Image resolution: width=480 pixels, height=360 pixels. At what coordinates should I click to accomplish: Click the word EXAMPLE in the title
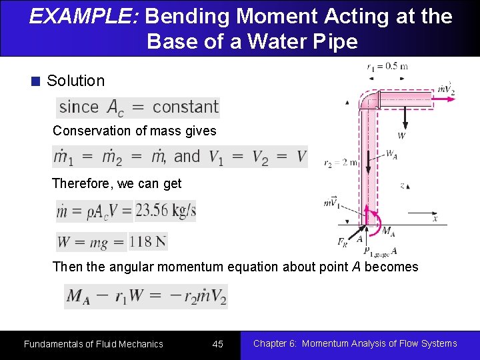click(x=83, y=16)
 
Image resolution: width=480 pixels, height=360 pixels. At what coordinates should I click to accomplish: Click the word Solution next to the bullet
click(x=75, y=81)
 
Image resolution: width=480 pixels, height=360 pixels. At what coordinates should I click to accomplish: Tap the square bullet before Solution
click(x=36, y=81)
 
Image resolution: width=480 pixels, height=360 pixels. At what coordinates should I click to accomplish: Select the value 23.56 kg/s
click(x=165, y=211)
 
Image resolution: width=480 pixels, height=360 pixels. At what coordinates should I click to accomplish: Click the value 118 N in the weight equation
click(x=148, y=241)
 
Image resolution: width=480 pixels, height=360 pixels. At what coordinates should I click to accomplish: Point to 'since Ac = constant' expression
click(x=138, y=107)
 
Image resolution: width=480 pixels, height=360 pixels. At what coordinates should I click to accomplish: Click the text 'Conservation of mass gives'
click(x=135, y=131)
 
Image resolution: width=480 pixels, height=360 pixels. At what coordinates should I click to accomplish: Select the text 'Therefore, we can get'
click(x=117, y=183)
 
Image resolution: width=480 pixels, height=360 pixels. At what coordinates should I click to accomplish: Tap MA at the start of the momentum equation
click(x=77, y=297)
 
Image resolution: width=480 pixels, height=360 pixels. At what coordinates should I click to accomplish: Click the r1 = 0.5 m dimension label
click(x=387, y=66)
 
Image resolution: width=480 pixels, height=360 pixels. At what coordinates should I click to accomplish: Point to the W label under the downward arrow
click(x=401, y=136)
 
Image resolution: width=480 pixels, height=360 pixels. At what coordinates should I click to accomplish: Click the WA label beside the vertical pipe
click(x=391, y=153)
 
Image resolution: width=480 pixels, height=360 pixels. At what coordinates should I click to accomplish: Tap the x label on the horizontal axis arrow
click(x=435, y=219)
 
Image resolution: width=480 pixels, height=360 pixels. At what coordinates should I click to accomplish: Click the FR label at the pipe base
click(x=342, y=242)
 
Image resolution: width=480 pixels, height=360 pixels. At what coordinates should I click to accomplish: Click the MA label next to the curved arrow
click(x=388, y=231)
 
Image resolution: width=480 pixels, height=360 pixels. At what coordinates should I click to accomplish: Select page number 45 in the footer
click(x=217, y=344)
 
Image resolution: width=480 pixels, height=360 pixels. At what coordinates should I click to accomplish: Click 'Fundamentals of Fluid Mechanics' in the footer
click(x=93, y=344)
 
